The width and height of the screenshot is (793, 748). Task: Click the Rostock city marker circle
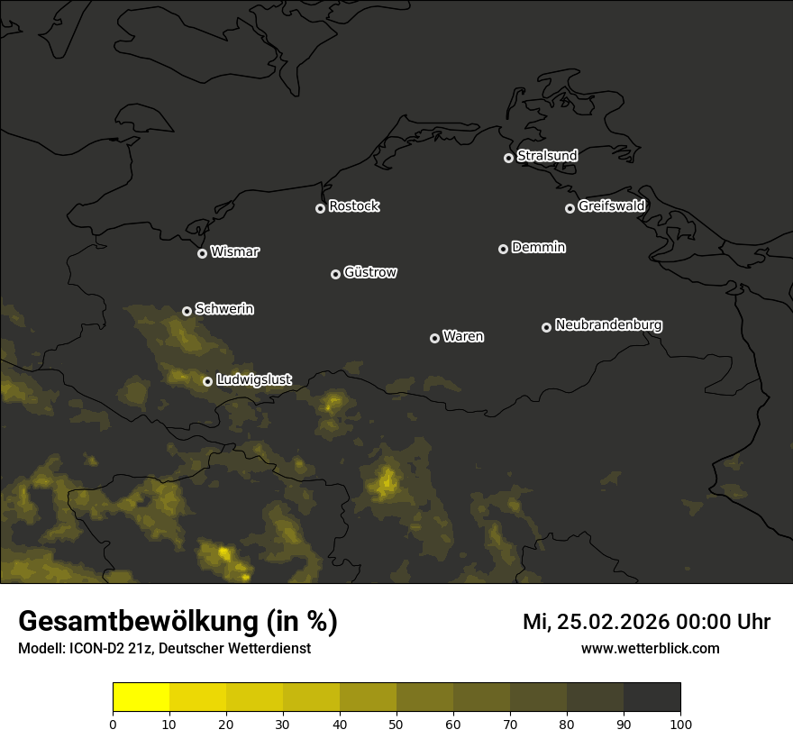pyautogui.click(x=320, y=208)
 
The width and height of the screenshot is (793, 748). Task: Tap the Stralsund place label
pyautogui.click(x=547, y=156)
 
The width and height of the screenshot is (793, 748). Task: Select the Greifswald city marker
pyautogui.click(x=570, y=208)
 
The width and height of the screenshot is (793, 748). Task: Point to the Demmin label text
pyautogui.click(x=538, y=247)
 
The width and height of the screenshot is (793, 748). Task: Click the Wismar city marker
pyautogui.click(x=202, y=253)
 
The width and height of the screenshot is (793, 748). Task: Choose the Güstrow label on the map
pyautogui.click(x=370, y=272)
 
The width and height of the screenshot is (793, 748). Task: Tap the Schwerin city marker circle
pyautogui.click(x=187, y=311)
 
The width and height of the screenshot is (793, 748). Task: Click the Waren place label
pyautogui.click(x=463, y=336)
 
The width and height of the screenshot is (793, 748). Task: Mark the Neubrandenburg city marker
pyautogui.click(x=546, y=327)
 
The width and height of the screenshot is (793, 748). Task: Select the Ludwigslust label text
pyautogui.click(x=254, y=380)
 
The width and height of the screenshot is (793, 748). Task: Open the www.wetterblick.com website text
pyautogui.click(x=650, y=648)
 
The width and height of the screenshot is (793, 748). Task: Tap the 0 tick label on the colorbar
pyautogui.click(x=113, y=724)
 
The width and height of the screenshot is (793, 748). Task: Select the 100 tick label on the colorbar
pyautogui.click(x=680, y=724)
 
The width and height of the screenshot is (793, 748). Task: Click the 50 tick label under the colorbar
pyautogui.click(x=396, y=724)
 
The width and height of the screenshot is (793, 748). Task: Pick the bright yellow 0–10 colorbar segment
pyautogui.click(x=141, y=698)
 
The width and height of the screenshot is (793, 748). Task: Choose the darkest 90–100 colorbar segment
pyautogui.click(x=652, y=698)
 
